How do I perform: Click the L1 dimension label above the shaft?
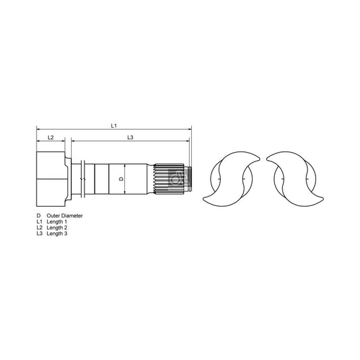point(113,126)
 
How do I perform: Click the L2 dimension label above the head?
point(50,137)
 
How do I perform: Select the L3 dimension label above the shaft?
point(130,137)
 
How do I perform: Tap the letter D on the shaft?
point(120,179)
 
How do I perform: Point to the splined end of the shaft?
point(170,179)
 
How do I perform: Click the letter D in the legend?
point(38,216)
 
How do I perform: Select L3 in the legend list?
point(39,234)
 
